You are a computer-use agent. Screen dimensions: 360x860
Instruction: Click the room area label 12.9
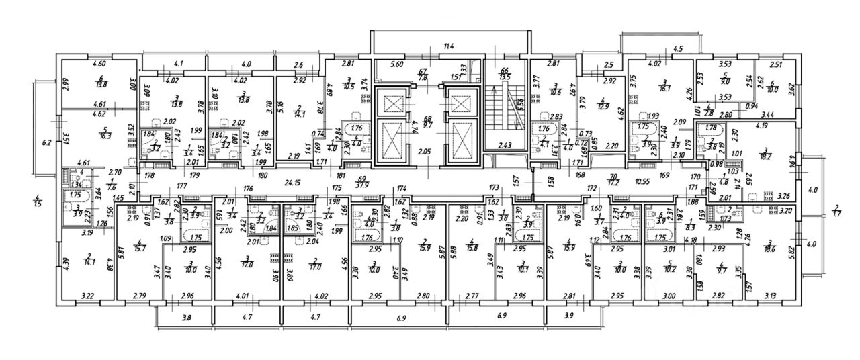click(603, 105)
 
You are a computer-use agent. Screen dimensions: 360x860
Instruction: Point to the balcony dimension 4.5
click(677, 48)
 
